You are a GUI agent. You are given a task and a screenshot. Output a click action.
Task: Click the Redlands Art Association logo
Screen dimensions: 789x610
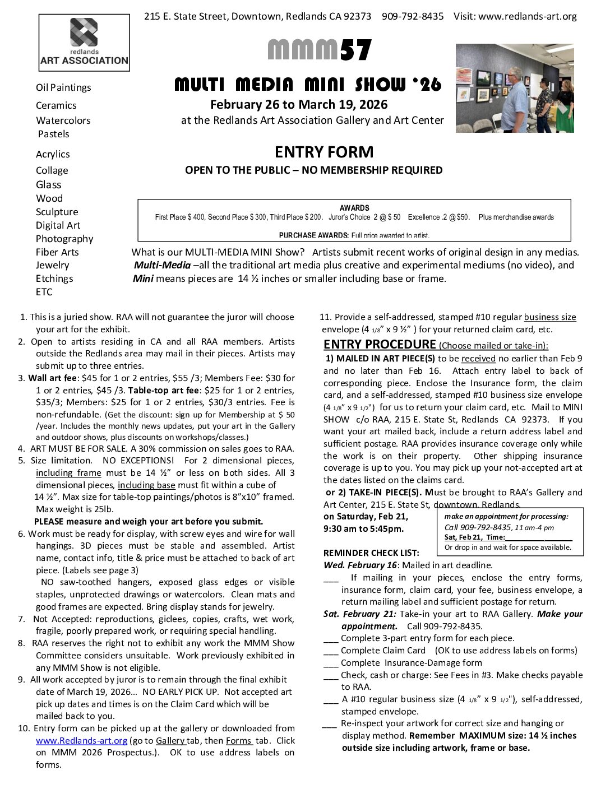tap(84, 43)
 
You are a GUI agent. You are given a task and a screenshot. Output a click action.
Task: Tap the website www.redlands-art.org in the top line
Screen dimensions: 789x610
tap(527, 16)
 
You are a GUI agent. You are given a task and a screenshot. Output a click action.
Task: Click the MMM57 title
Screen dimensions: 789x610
tap(320, 50)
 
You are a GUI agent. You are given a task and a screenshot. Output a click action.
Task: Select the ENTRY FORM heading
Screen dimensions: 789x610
tap(324, 152)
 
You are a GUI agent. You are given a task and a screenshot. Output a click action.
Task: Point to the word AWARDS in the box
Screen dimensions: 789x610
tap(354, 208)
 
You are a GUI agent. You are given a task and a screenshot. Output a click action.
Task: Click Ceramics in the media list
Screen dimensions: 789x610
tap(56, 105)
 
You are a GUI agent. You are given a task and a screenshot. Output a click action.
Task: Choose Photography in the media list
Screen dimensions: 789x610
tap(64, 239)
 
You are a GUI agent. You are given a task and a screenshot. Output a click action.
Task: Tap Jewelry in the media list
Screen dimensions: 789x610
tap(53, 265)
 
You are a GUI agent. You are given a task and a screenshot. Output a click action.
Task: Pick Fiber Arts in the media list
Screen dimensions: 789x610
tap(57, 252)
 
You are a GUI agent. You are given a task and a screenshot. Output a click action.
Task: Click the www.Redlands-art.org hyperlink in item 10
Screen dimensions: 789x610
tap(81, 740)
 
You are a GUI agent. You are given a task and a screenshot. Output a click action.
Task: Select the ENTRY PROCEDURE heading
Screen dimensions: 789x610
tap(380, 344)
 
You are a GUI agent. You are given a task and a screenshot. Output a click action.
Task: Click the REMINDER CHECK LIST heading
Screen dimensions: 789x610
tap(371, 553)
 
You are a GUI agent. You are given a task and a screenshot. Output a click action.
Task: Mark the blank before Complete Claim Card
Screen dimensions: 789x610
tap(331, 651)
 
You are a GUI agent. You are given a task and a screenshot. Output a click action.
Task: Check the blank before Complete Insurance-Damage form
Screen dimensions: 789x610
tap(331, 663)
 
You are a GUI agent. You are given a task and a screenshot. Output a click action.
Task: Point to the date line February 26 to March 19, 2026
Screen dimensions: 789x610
tap(299, 105)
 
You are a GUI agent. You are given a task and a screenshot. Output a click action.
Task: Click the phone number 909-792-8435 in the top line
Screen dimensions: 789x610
tap(413, 16)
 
